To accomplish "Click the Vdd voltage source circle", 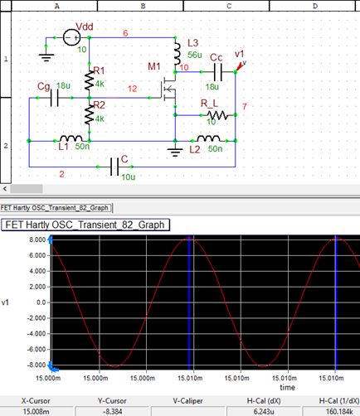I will click(x=73, y=37).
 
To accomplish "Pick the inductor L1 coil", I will click(x=71, y=138).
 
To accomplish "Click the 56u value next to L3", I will click(x=195, y=52).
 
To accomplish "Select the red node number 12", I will click(x=132, y=88).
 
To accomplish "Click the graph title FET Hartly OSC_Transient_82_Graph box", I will click(x=86, y=224).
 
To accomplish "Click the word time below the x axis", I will click(x=287, y=386).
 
